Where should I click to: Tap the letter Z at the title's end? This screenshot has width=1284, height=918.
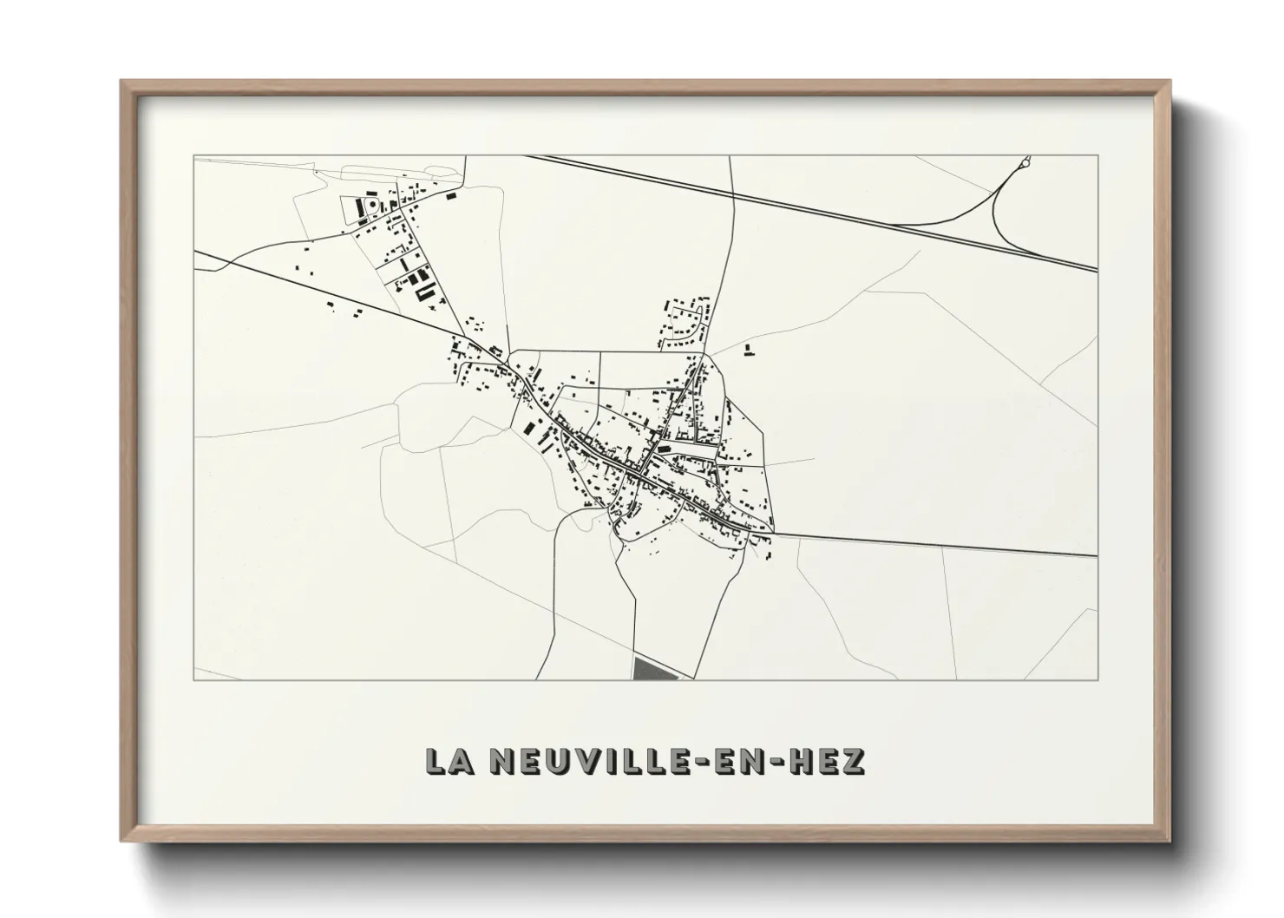[x=854, y=760]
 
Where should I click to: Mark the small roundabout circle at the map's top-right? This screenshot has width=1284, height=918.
[x=1025, y=161]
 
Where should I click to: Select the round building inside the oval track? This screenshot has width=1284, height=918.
[x=373, y=206]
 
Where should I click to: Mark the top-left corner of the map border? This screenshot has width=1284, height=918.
[x=193, y=156]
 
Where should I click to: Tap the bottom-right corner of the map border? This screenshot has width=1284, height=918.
[x=1097, y=679]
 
